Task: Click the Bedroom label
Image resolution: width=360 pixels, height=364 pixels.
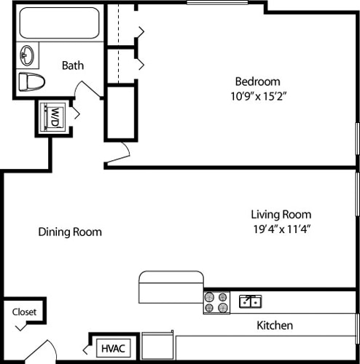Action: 257,81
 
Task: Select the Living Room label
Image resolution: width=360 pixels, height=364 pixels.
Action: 281,214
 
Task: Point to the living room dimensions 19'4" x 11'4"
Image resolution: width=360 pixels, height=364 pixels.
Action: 281,228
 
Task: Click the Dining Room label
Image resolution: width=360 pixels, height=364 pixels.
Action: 70,232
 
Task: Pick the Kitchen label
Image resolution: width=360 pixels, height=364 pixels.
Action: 275,325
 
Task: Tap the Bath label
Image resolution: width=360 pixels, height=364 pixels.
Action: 72,66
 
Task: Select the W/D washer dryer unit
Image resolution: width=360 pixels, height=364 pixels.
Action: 55,116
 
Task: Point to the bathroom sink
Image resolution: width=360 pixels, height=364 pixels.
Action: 28,55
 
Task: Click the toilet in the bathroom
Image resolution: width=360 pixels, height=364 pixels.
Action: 31,80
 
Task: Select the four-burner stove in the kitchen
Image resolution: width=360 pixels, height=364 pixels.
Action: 216,302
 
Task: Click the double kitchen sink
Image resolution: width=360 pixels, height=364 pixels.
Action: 250,301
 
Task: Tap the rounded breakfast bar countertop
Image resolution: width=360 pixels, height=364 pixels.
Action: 171,285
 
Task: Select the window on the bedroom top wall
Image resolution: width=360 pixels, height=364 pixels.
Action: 216,4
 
